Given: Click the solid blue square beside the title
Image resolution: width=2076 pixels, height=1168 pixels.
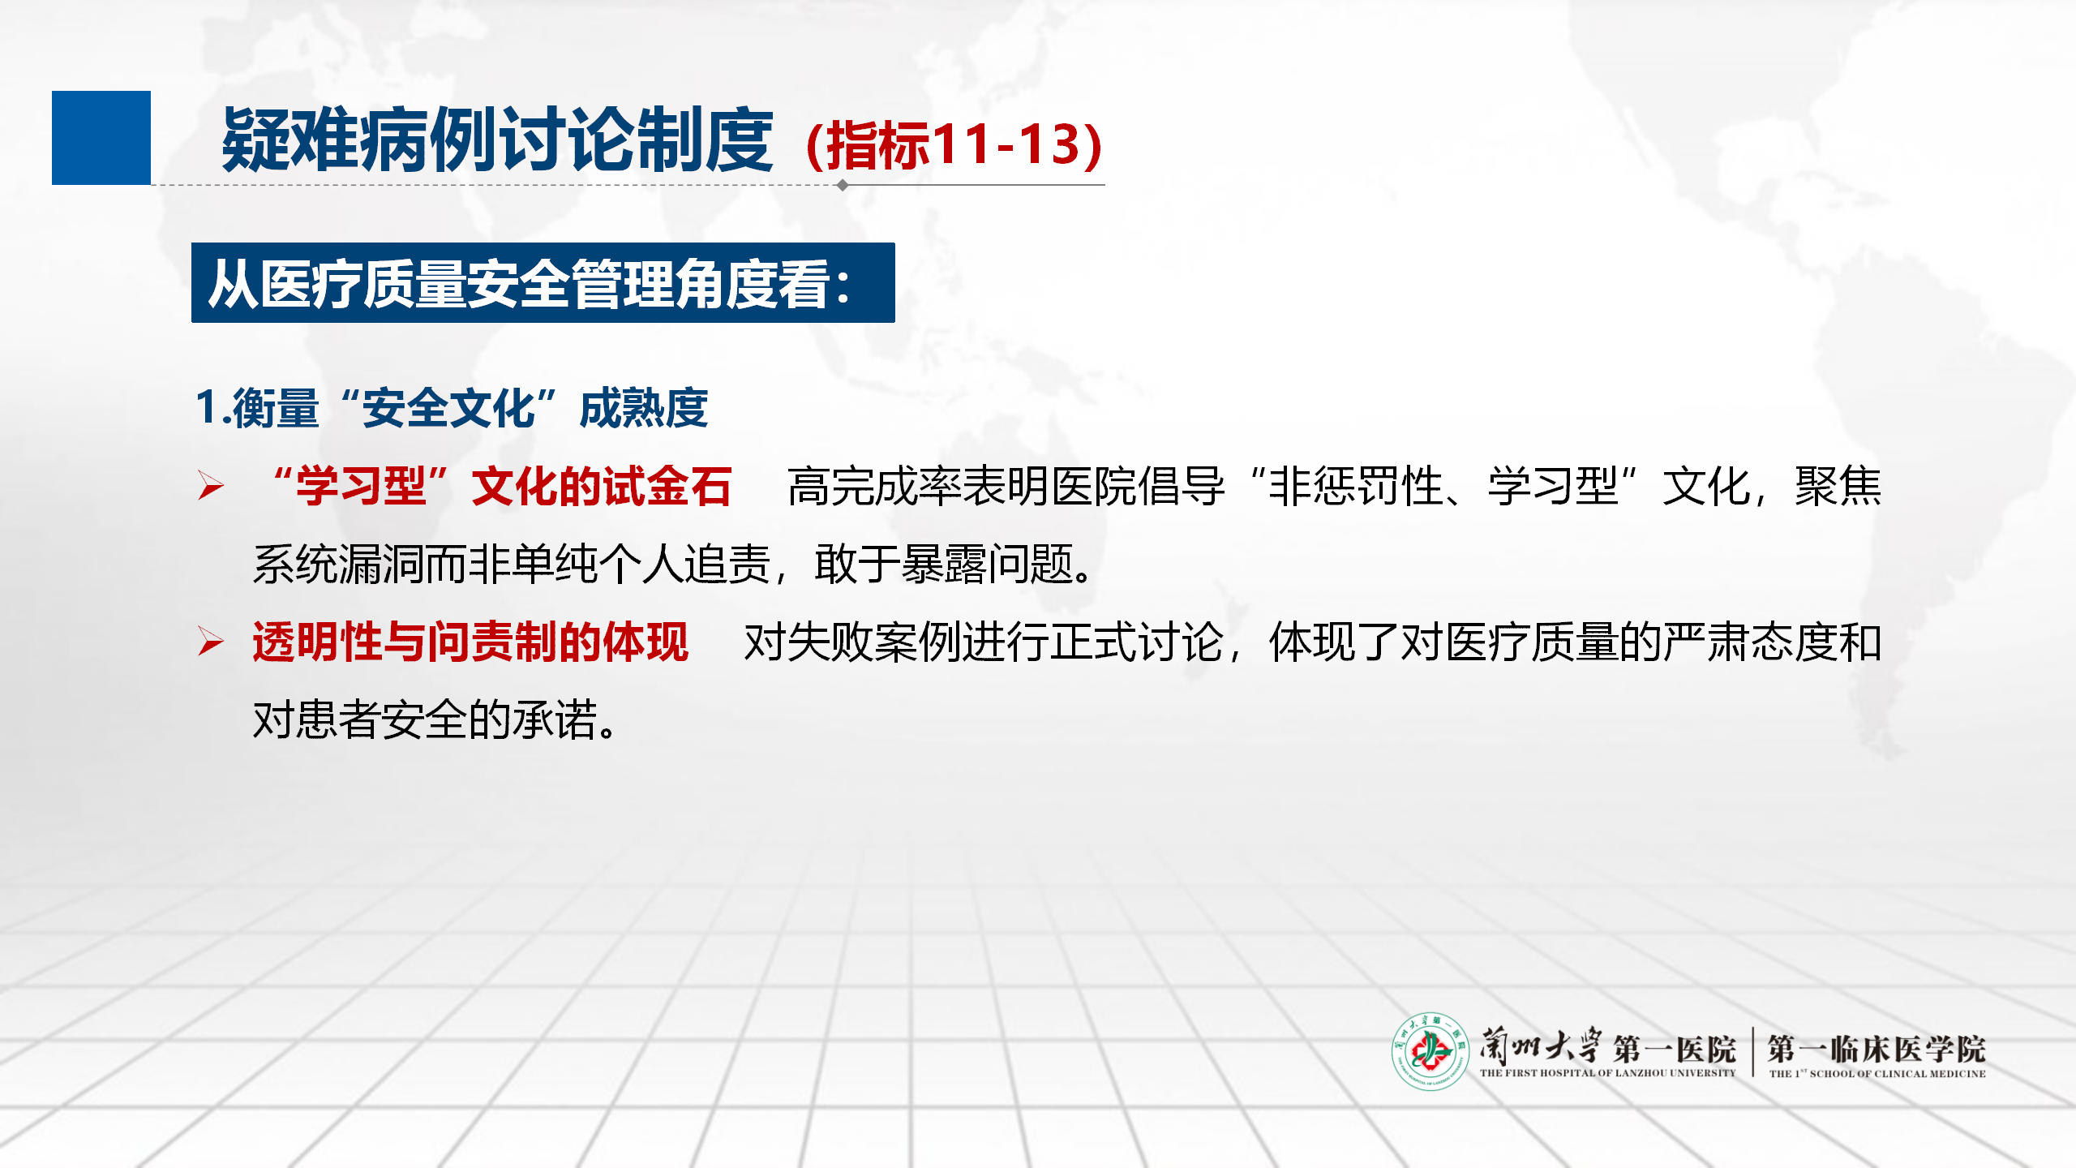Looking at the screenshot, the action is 101,138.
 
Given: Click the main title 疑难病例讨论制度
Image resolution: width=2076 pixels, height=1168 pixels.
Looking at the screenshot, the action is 498,140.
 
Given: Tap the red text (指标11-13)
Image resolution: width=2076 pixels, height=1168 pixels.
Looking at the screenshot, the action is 954,144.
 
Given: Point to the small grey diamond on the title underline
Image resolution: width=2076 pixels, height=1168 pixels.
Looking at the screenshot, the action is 843,185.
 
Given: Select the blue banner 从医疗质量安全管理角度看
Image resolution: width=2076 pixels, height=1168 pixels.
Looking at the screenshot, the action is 543,282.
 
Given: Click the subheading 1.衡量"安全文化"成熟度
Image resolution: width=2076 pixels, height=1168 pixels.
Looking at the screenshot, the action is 453,407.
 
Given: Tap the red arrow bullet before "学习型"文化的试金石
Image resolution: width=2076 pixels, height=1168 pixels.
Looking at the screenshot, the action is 211,486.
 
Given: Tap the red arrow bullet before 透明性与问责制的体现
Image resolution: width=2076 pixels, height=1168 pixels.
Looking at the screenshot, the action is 211,642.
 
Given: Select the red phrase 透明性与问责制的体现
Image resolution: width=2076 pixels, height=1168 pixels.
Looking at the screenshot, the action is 470,642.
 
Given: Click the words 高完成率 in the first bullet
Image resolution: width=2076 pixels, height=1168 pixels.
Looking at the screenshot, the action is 874,487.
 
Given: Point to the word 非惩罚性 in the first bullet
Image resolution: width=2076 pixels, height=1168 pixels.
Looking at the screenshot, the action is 1356,487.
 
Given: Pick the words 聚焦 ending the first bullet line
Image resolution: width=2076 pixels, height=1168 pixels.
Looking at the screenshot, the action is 1838,487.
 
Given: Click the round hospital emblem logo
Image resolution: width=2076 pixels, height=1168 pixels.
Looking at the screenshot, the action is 1430,1051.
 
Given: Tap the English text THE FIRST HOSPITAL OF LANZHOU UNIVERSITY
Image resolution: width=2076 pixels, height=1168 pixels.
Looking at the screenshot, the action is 1607,1073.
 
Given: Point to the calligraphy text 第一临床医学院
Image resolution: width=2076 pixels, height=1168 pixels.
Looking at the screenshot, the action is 1877,1049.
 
